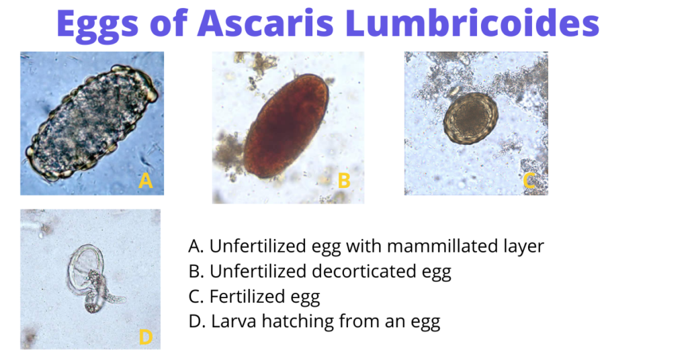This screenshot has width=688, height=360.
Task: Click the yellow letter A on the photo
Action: (146, 180)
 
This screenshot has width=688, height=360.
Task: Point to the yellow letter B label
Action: (344, 180)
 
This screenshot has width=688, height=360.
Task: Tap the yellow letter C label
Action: (529, 180)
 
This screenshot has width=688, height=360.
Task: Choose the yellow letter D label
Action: (145, 336)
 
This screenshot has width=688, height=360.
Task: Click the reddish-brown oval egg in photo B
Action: (286, 126)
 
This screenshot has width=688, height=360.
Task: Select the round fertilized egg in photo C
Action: (471, 118)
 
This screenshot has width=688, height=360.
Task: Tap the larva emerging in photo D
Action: (101, 300)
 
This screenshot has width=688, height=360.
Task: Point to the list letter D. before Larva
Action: (197, 321)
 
